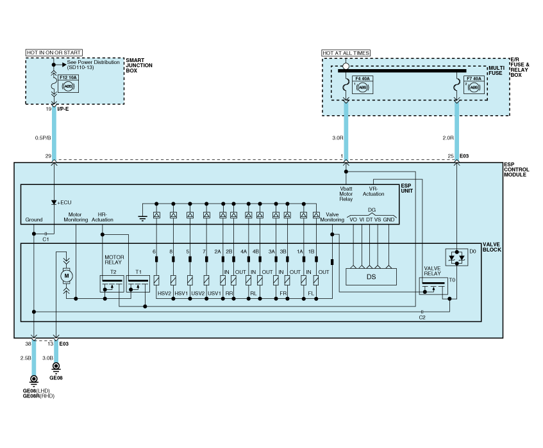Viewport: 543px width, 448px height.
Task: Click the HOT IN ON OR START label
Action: coord(54,52)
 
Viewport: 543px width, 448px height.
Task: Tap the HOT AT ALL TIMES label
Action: coord(346,53)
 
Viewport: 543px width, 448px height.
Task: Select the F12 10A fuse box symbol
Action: coord(69,84)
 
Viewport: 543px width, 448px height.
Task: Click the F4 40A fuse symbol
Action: coord(363,85)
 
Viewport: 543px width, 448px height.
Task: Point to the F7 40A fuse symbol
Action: coord(474,85)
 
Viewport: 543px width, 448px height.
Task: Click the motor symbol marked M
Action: coord(67,276)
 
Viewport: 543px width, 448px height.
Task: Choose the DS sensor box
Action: coord(371,277)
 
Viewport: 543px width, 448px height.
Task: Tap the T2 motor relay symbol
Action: coord(112,284)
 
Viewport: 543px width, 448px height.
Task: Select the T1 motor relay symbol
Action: coord(138,284)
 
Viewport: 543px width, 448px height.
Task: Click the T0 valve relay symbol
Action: coord(433,286)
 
